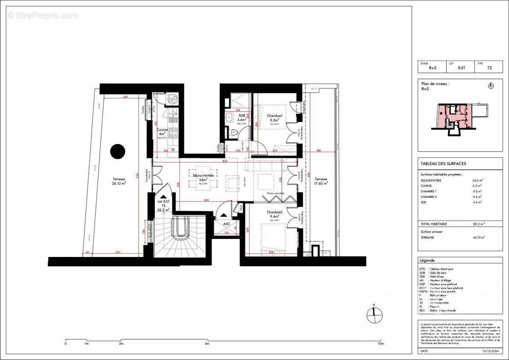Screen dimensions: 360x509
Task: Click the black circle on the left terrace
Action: [x=118, y=151]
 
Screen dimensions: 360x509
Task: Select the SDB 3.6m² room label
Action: [x=241, y=118]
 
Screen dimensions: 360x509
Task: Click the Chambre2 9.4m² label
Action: [x=274, y=214]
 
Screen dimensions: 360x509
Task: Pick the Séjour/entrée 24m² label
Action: [x=203, y=177]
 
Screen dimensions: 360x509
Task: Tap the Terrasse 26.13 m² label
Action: [x=119, y=181]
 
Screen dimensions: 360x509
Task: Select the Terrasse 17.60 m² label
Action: [x=321, y=180]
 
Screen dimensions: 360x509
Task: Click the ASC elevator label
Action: [x=220, y=224]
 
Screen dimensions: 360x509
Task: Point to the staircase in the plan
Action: [x=180, y=236]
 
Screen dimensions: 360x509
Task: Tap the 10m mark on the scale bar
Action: [x=380, y=343]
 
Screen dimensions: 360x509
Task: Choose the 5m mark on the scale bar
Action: [x=207, y=343]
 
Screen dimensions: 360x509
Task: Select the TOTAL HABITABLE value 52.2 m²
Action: [x=478, y=224]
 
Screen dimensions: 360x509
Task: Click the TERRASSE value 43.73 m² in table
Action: [x=478, y=237]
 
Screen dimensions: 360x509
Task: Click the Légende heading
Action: [x=427, y=261]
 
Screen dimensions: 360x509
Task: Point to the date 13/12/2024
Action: [x=488, y=351]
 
